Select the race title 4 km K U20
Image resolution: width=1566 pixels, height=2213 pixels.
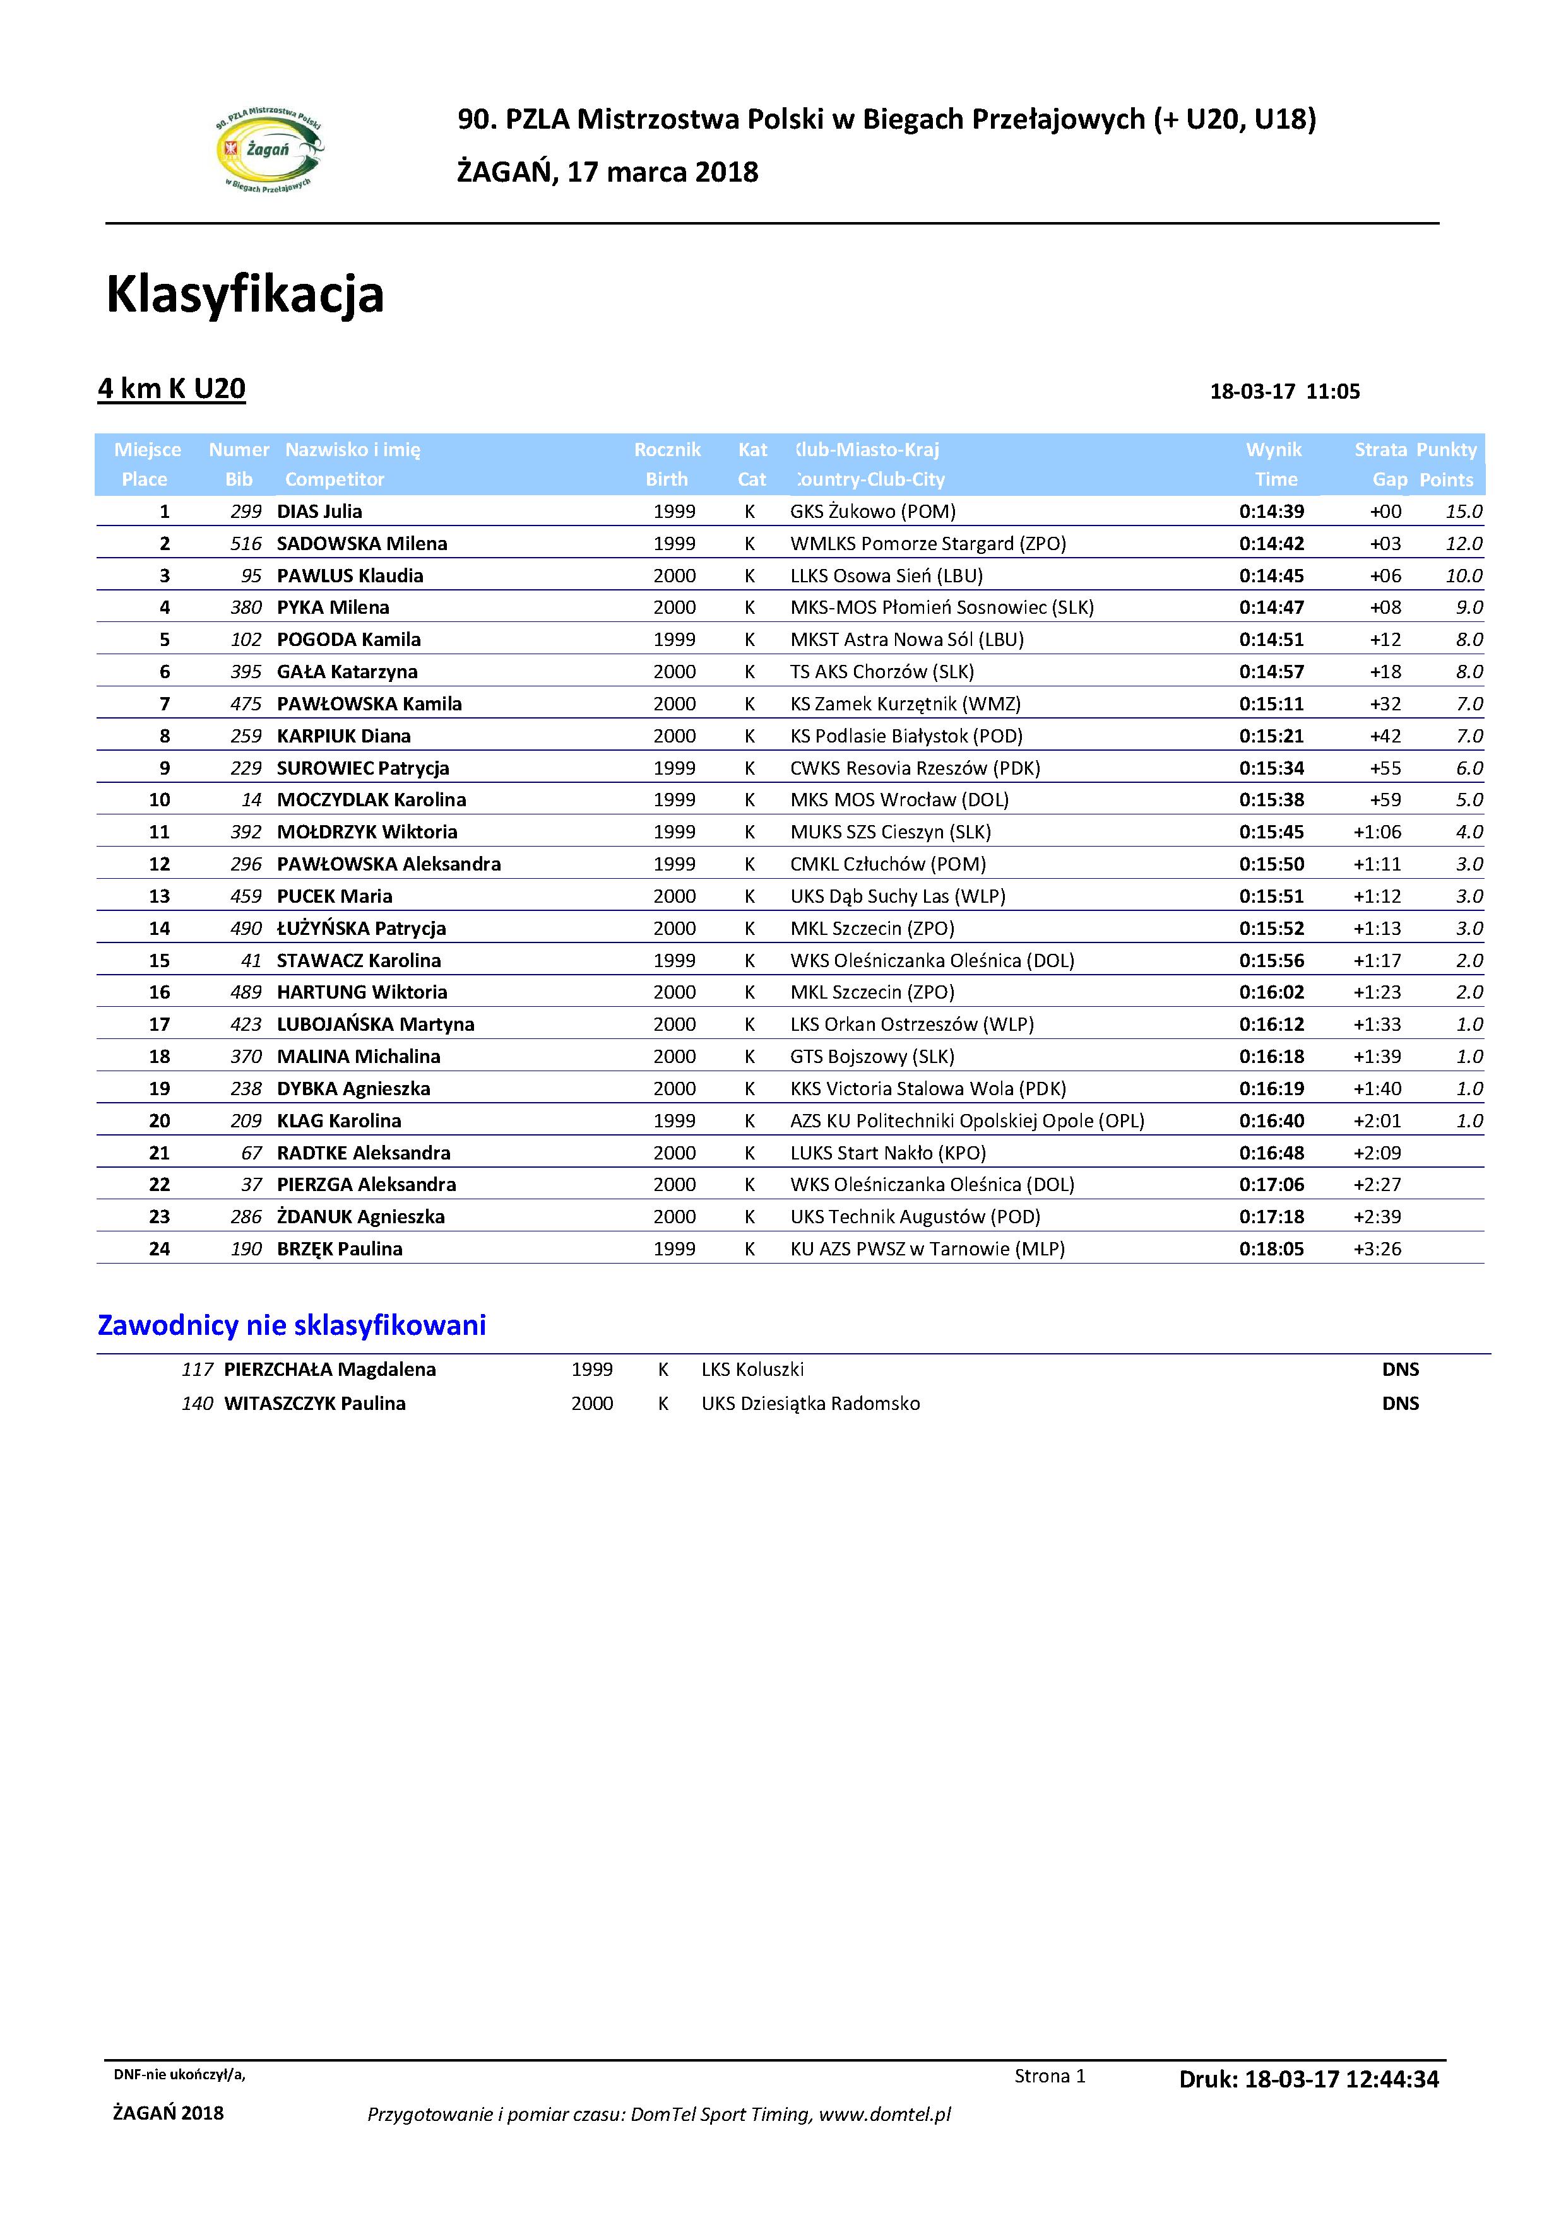(x=172, y=389)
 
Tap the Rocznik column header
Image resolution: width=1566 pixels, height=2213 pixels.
(x=667, y=450)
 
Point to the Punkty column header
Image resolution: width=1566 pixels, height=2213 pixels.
(x=1447, y=450)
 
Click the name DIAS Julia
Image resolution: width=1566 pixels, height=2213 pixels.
(x=319, y=512)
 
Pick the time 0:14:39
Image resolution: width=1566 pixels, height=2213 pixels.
(x=1271, y=512)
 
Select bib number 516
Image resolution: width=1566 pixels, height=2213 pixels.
(x=246, y=544)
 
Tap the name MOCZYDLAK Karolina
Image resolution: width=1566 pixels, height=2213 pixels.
(x=371, y=800)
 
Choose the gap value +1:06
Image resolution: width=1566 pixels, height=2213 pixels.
(x=1377, y=832)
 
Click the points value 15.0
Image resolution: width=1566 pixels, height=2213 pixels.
(x=1464, y=512)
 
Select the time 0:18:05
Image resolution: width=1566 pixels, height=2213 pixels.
(x=1271, y=1249)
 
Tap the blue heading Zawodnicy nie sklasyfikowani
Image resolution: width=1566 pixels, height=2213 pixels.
(x=292, y=1325)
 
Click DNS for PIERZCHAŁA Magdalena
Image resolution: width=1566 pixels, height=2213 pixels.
(x=1400, y=1370)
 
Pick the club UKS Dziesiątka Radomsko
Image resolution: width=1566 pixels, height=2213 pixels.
(x=810, y=1404)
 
